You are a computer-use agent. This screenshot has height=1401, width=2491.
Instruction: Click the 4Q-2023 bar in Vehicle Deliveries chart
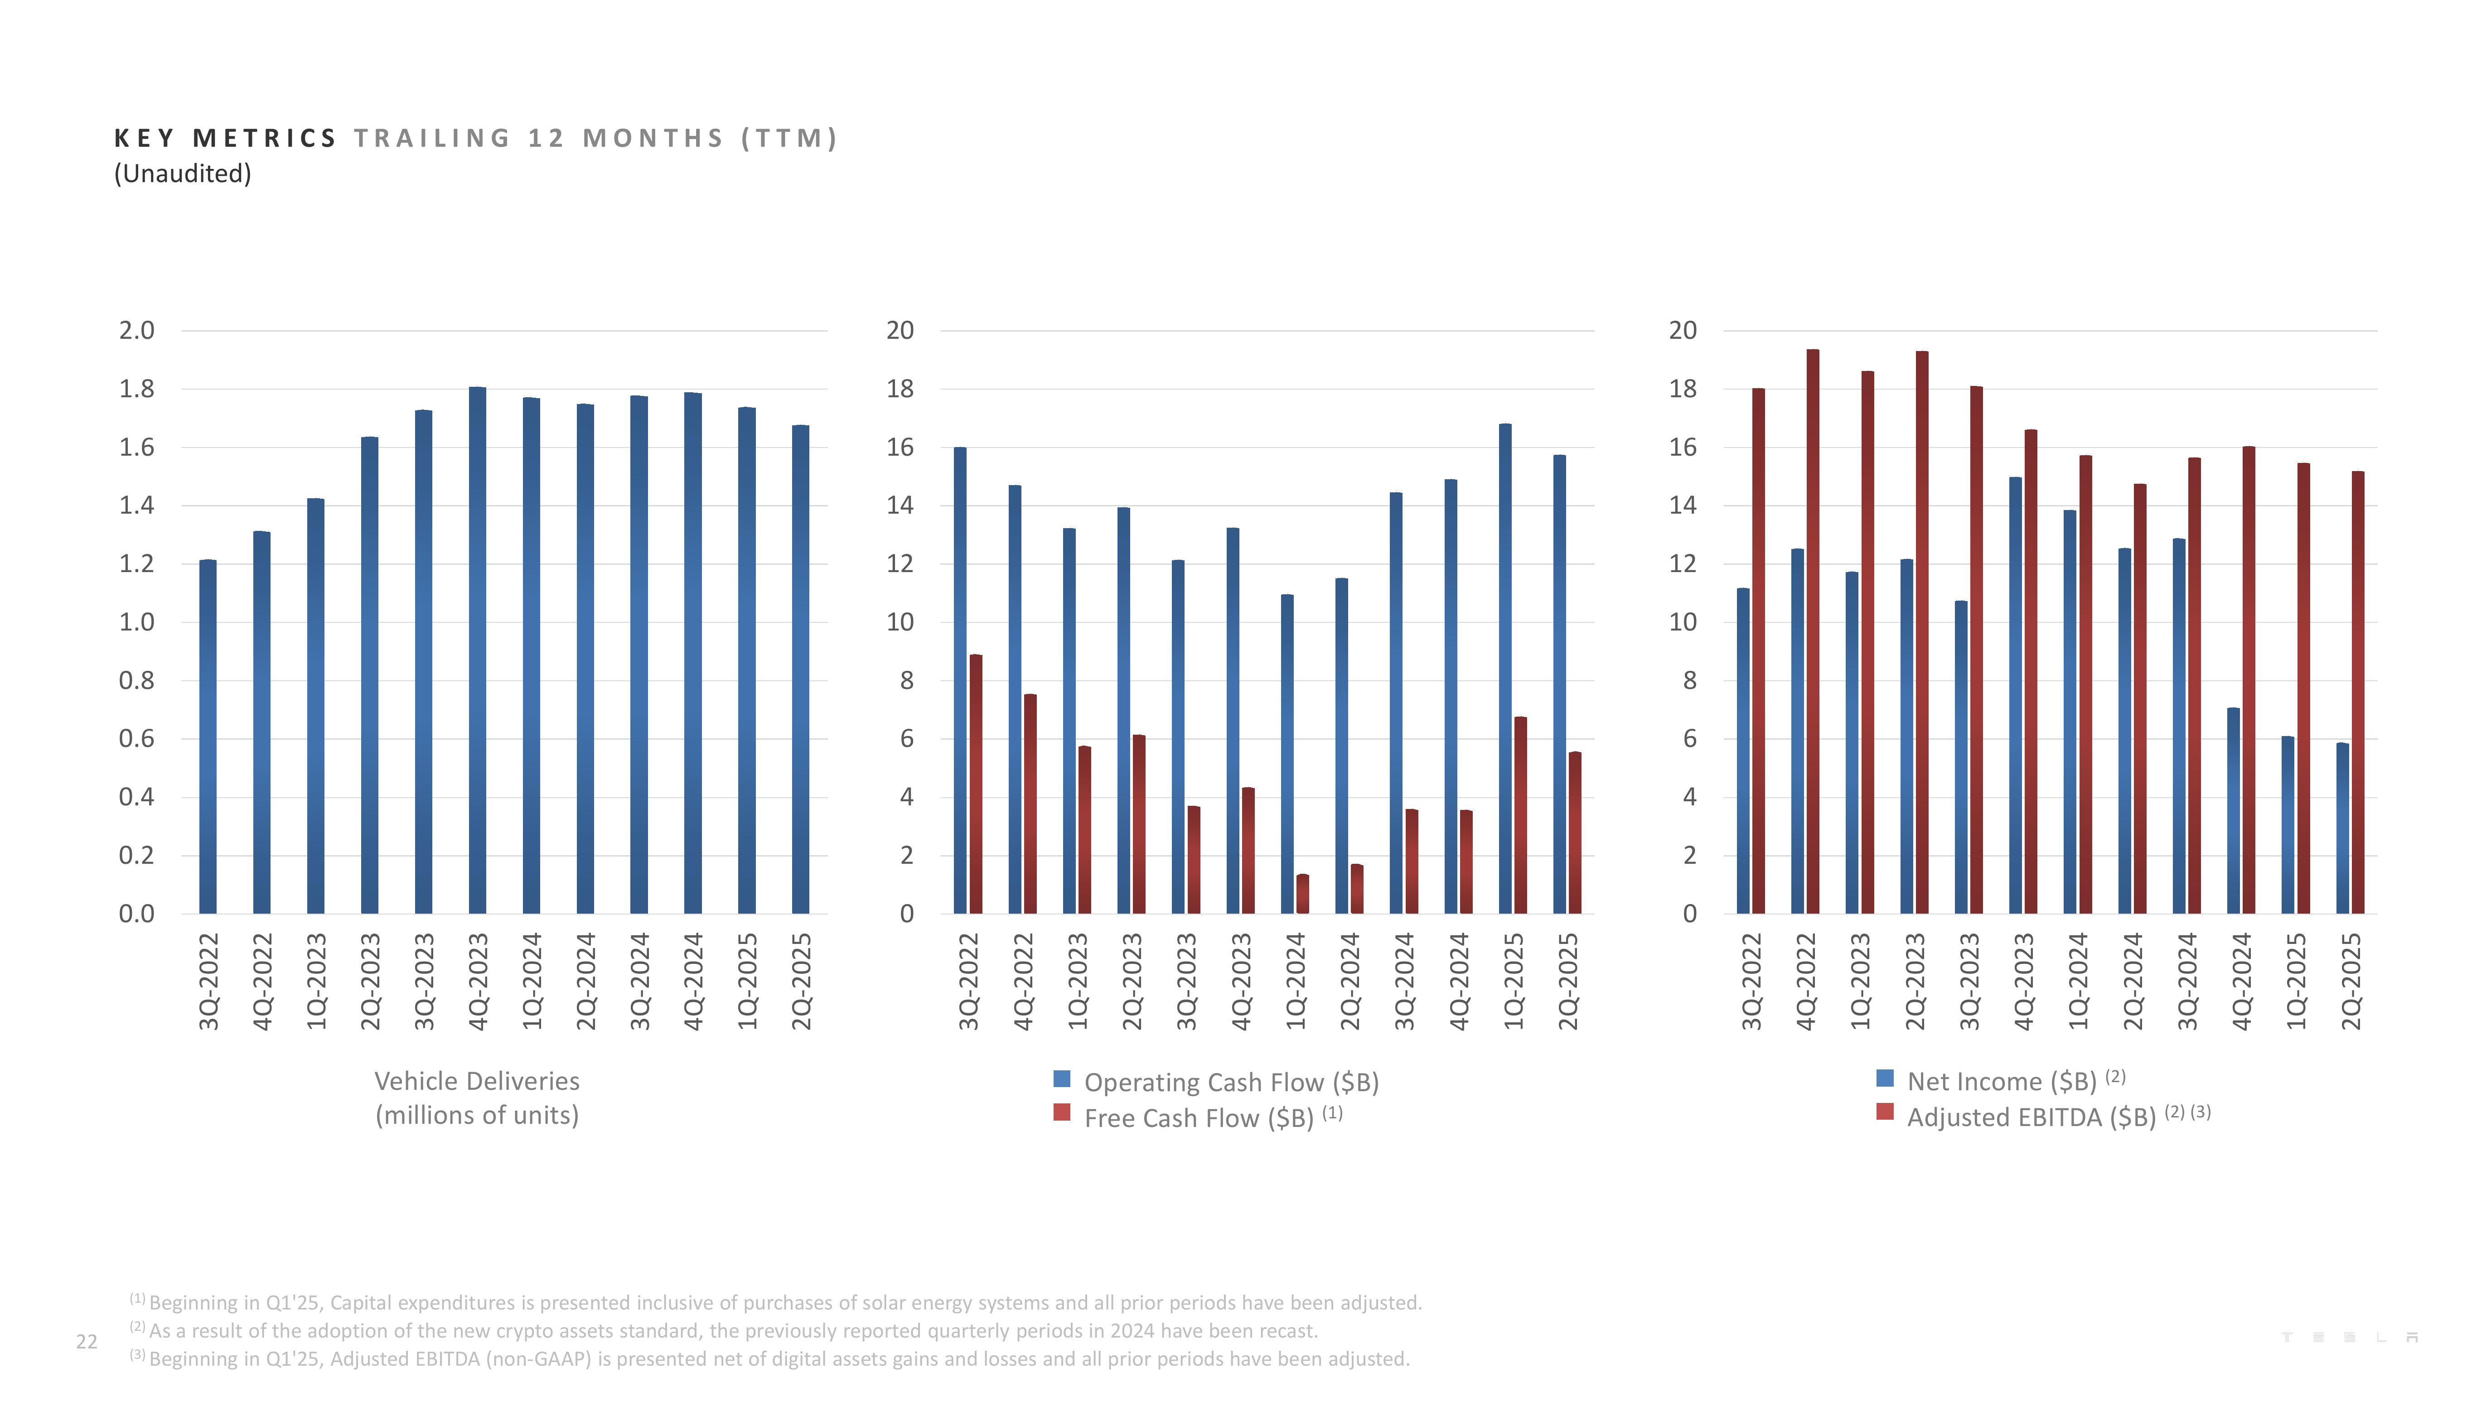click(477, 650)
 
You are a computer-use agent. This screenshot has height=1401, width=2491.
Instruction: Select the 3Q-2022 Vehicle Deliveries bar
click(208, 737)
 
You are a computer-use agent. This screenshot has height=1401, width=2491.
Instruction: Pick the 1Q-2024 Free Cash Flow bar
click(1302, 894)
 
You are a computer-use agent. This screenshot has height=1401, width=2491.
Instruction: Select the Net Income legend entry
click(2000, 1081)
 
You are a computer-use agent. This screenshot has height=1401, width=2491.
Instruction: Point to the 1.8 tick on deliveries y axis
click(136, 389)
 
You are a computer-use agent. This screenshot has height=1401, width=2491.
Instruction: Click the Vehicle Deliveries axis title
click(477, 1098)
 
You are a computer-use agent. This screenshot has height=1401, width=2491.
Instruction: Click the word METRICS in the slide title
click(264, 138)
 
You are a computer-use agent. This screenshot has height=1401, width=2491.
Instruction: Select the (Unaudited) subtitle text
click(183, 174)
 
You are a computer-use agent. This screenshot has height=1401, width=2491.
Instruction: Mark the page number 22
click(86, 1341)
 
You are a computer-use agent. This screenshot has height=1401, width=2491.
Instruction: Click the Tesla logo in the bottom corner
click(2350, 1337)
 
